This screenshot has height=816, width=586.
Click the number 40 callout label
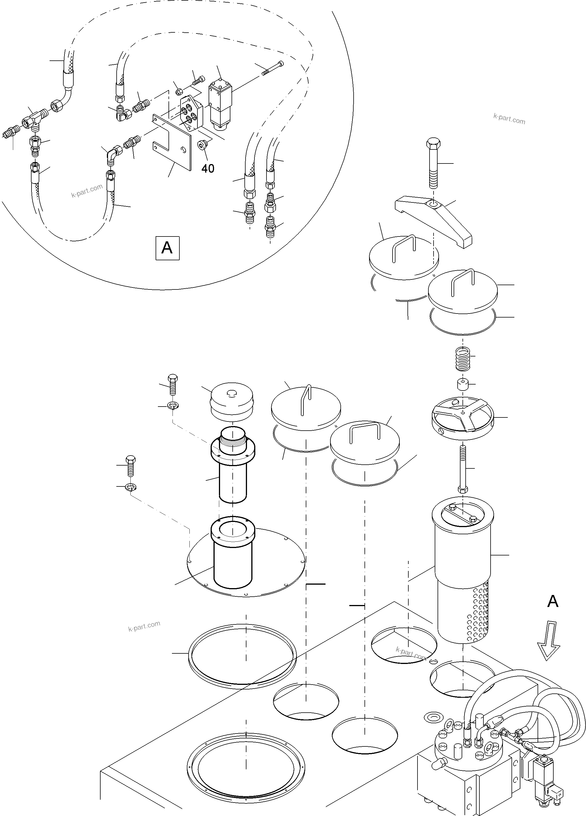pos(207,168)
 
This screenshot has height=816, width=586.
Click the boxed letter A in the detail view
pos(167,248)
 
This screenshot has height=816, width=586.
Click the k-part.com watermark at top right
pos(509,119)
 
